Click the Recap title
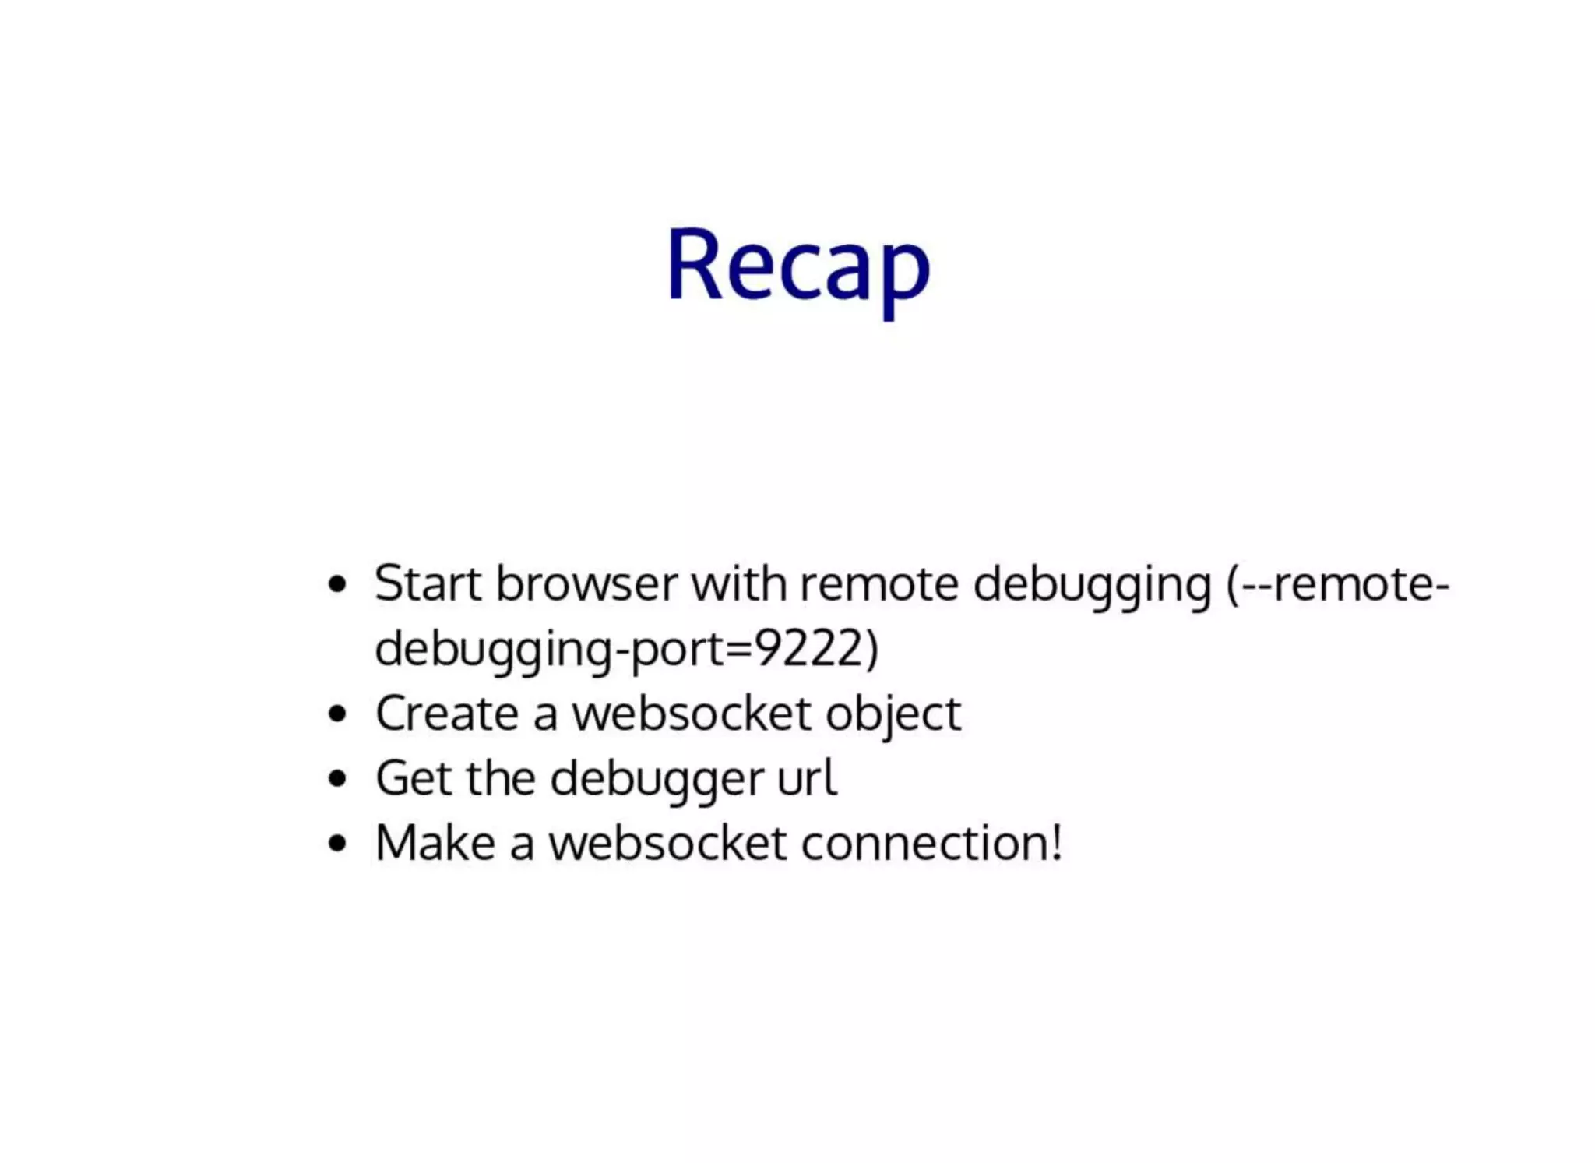[798, 265]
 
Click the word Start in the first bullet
[428, 583]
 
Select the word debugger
[657, 779]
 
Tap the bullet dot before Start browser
[336, 584]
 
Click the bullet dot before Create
[336, 714]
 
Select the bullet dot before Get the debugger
[336, 778]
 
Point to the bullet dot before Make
[336, 843]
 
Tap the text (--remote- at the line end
[1338, 583]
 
